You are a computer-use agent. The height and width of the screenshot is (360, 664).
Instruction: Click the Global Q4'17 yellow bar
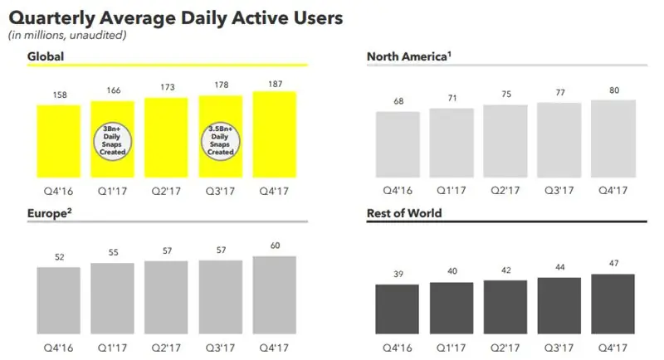point(275,134)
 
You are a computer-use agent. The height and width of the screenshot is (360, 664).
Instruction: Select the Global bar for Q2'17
point(166,137)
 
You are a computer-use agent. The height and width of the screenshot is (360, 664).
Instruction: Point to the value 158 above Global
point(58,95)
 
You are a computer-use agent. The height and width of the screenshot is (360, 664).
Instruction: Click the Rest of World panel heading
point(404,213)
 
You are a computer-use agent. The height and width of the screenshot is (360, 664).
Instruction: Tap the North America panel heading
point(408,56)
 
